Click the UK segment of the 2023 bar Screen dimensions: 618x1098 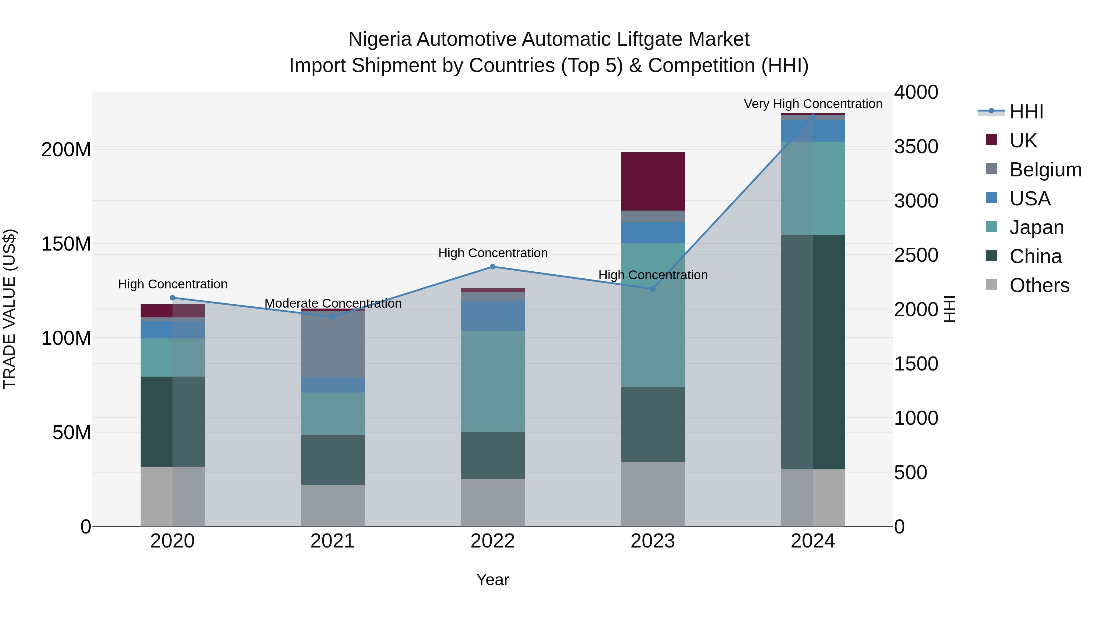[x=653, y=181]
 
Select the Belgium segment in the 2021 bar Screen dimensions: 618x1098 [x=332, y=345]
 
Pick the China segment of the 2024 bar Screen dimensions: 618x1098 [x=813, y=352]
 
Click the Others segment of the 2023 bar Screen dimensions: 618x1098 [x=653, y=494]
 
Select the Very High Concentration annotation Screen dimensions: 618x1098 [x=813, y=104]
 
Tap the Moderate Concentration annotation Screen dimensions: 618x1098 [x=333, y=303]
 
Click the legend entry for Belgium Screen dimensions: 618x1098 [x=1045, y=170]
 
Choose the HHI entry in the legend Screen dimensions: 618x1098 [x=1026, y=112]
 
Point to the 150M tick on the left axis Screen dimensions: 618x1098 [x=66, y=244]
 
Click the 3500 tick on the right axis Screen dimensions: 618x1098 [x=916, y=147]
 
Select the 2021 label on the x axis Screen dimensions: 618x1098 [x=332, y=541]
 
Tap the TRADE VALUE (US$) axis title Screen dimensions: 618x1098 [x=9, y=309]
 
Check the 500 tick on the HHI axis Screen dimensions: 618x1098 [x=910, y=472]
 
